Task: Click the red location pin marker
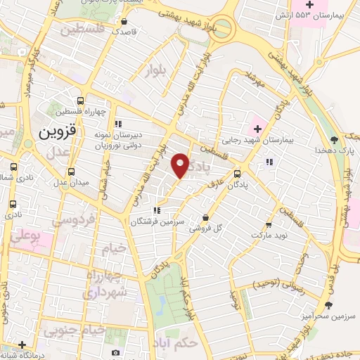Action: click(x=181, y=165)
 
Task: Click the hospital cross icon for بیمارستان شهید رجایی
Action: click(x=257, y=129)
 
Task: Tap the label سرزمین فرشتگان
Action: click(x=157, y=221)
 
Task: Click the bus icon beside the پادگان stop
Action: click(x=237, y=172)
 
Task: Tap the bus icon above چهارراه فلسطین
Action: click(x=81, y=101)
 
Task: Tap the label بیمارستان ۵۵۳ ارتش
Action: click(x=321, y=15)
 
